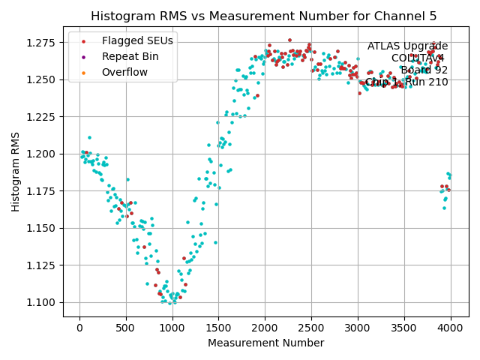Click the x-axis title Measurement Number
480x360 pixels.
[x=266, y=343]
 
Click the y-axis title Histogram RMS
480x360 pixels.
[x=16, y=172]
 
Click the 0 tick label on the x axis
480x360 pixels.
[x=79, y=328]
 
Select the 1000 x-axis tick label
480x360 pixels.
[x=172, y=328]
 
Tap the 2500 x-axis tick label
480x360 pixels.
[x=311, y=328]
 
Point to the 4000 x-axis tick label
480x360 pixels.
[x=451, y=328]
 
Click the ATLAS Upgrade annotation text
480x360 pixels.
[x=407, y=46]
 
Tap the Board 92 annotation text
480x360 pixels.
[x=424, y=70]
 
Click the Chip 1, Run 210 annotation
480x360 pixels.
[x=406, y=82]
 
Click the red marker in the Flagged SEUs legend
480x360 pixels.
[x=83, y=41]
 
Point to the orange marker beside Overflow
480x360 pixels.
[x=83, y=72]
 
